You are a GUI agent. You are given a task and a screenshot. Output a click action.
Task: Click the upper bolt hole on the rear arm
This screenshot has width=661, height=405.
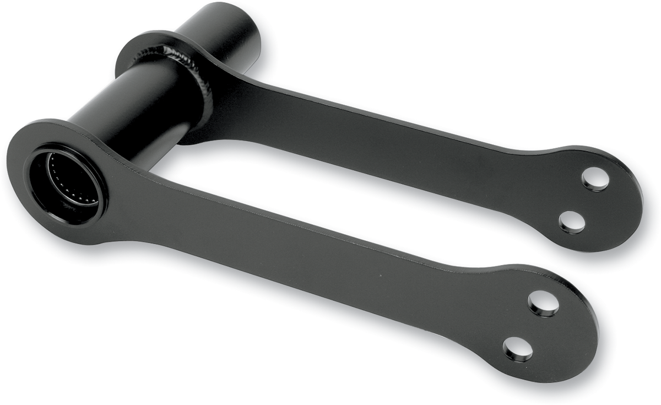tap(595, 179)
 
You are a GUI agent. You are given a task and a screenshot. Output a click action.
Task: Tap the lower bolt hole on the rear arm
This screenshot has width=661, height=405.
tap(572, 222)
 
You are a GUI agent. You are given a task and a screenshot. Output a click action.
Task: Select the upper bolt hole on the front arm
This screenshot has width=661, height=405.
tap(543, 303)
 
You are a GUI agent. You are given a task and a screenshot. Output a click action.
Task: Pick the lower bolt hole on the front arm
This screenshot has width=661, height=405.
tap(518, 349)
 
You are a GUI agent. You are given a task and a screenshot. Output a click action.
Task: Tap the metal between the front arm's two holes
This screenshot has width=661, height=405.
tap(531, 326)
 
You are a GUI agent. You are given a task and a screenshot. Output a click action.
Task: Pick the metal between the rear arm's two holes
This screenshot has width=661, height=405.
tap(584, 200)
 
